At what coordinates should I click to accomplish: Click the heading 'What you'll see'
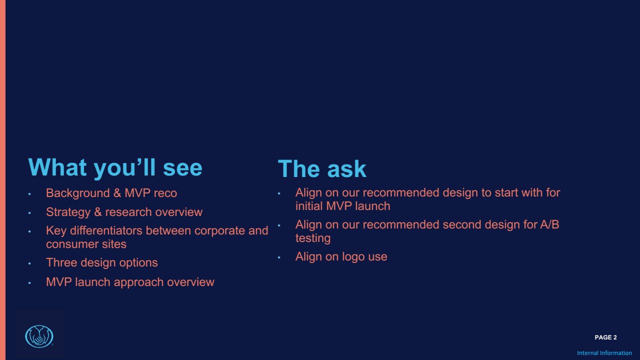[115, 167]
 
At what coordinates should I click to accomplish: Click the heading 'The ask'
[322, 169]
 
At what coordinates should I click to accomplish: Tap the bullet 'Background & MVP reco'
[111, 193]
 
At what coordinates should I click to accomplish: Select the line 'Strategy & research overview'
[124, 212]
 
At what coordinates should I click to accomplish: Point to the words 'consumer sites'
[86, 244]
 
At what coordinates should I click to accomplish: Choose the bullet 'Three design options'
[101, 263]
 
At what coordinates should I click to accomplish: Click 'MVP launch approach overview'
[130, 282]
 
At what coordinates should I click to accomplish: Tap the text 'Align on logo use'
[341, 257]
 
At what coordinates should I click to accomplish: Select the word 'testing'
[313, 238]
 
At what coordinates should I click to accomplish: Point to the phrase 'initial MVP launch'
[342, 206]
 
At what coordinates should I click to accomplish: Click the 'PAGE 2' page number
[605, 337]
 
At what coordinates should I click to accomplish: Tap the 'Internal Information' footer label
[604, 353]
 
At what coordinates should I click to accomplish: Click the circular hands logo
[39, 336]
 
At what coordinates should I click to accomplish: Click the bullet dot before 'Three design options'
[29, 263]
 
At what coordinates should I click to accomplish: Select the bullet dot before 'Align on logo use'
[279, 257]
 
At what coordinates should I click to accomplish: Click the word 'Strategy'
[68, 212]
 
